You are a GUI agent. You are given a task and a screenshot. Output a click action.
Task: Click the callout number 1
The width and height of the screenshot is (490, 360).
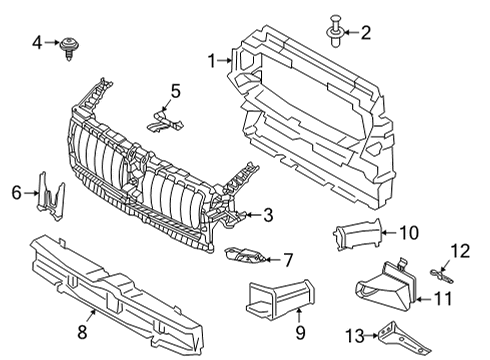212,61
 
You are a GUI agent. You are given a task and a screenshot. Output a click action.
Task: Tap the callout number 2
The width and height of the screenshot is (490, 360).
365,33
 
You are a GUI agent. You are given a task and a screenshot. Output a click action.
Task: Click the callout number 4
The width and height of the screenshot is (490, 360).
37,43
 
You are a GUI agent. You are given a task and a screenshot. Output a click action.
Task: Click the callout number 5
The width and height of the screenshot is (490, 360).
176,92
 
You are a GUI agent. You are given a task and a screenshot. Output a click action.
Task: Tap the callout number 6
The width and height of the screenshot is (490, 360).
16,190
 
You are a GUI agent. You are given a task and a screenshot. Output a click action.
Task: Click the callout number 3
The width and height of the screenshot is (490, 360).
267,213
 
